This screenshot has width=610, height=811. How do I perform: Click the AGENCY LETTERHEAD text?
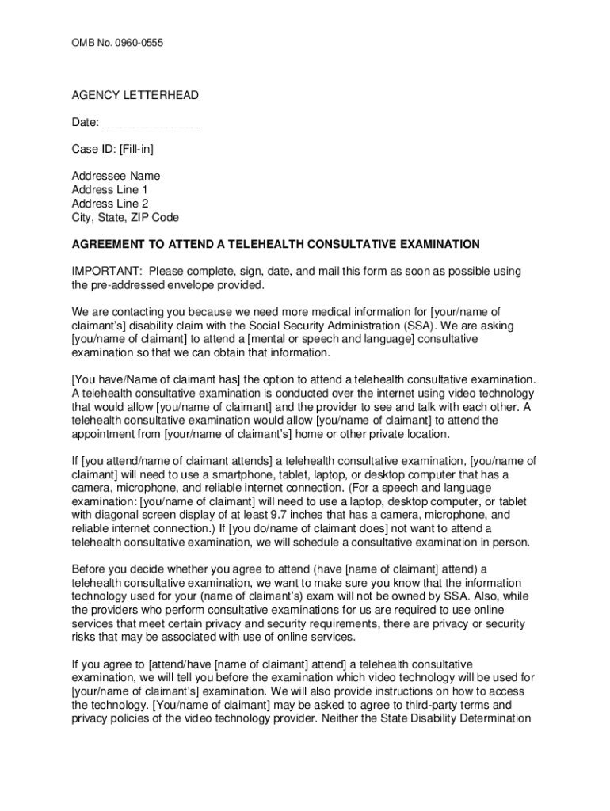tap(135, 96)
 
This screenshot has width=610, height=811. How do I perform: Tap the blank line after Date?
tap(150, 123)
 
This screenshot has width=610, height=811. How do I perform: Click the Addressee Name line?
tap(116, 176)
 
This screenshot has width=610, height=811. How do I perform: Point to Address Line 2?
tap(109, 204)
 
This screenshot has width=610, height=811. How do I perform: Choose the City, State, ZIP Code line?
tap(125, 217)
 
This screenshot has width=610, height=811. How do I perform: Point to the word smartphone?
tap(200, 474)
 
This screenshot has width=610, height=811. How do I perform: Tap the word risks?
tap(85, 637)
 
